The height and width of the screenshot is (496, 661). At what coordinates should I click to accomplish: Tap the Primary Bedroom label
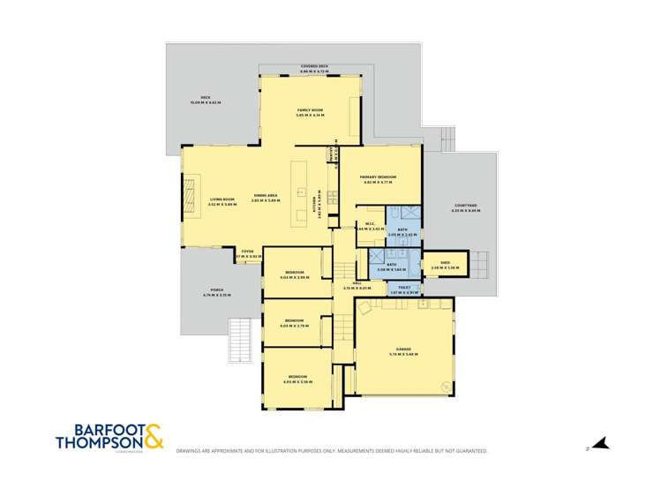pyautogui.click(x=378, y=177)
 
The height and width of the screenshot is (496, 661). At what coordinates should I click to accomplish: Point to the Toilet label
pyautogui.click(x=403, y=287)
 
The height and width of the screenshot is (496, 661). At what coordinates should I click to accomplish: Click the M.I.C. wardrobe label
pyautogui.click(x=372, y=224)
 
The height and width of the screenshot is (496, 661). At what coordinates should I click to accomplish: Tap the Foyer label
pyautogui.click(x=248, y=252)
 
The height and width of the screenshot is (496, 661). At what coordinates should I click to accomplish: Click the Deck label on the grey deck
pyautogui.click(x=205, y=99)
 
